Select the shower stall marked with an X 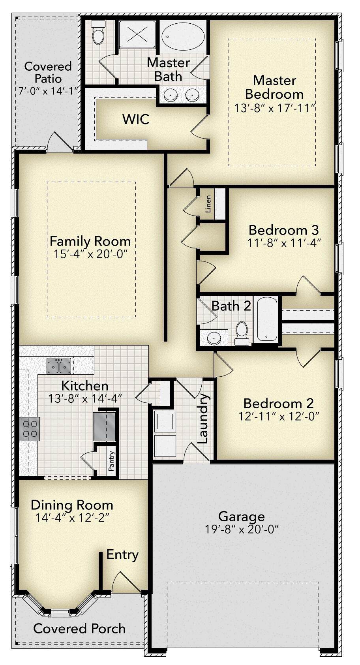137,34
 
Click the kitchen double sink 59,365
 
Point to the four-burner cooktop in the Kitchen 30,429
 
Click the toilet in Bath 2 242,333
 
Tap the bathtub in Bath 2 267,319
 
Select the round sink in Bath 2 214,338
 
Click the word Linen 208,204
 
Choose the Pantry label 111,461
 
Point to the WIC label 136,119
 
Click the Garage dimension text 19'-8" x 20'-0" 242,529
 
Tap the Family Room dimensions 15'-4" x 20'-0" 90,254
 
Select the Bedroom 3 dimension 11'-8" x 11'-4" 284,243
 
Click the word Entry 122,555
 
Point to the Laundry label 203,419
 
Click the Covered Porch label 79,629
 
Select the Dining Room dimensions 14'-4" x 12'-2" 72,518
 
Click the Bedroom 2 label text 278,404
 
